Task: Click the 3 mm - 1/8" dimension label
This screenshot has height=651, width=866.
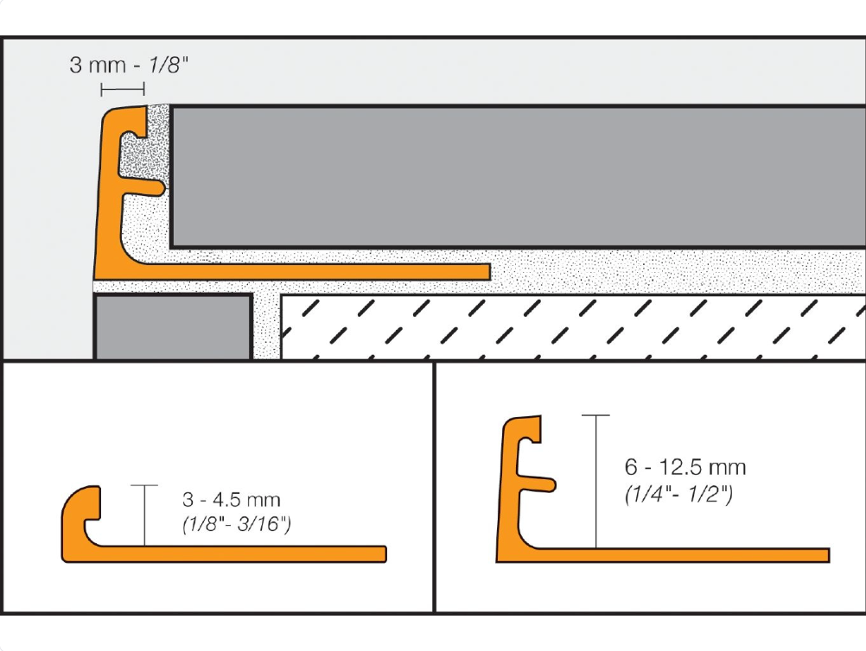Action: pos(128,66)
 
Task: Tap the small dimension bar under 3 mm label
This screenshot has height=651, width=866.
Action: pos(122,89)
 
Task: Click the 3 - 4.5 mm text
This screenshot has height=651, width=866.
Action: pos(232,500)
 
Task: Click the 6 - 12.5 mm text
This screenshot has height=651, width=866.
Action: pos(685,468)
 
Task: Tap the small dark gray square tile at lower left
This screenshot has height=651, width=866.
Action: pos(172,326)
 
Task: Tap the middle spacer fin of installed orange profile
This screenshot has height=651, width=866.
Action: pos(152,184)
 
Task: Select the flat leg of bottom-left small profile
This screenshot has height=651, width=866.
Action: pos(259,553)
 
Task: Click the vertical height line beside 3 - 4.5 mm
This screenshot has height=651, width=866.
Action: pos(144,515)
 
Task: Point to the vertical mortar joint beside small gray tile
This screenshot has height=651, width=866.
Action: pos(265,326)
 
